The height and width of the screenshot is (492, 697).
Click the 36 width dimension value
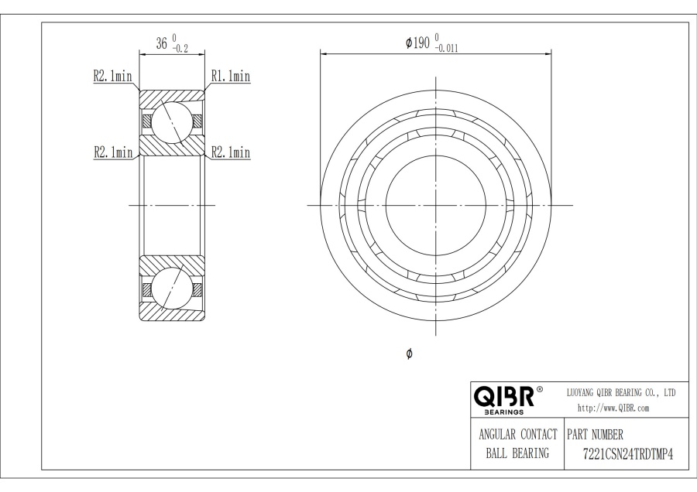[161, 43]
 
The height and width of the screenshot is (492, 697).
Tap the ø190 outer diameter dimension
[418, 43]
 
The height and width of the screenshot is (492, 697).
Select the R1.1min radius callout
[231, 77]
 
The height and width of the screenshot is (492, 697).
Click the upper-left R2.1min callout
[112, 76]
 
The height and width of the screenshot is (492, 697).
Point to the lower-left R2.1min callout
[113, 152]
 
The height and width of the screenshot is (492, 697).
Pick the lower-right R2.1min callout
[231, 152]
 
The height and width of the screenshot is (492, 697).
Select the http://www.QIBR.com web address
[613, 408]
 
